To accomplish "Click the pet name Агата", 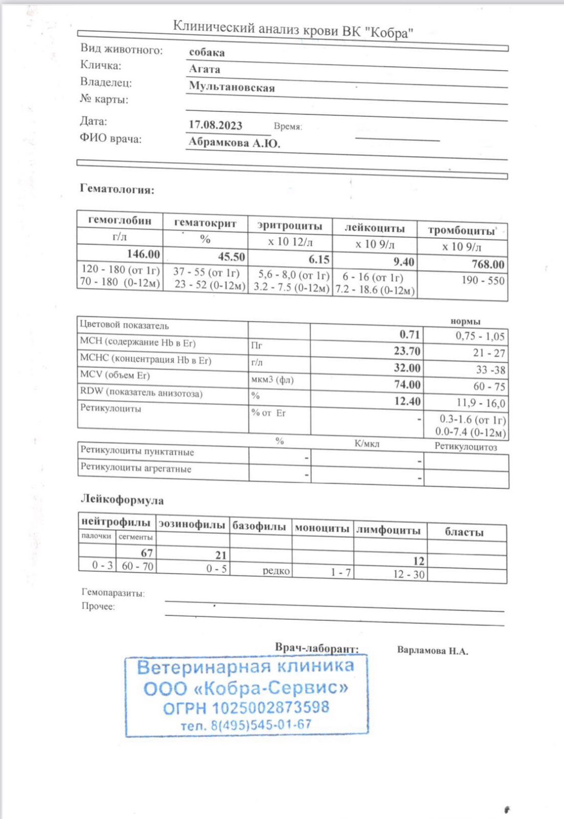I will [x=205, y=69].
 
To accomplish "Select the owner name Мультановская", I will [x=232, y=87].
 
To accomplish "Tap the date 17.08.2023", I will [x=215, y=125].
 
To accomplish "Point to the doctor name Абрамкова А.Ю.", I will [x=234, y=142].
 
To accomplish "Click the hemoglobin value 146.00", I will [x=143, y=254].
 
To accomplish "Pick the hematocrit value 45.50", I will [x=231, y=256].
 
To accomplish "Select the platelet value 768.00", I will [x=488, y=264].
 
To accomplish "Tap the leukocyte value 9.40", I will [x=404, y=262].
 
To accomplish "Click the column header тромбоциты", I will [x=462, y=230].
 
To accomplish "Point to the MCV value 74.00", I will [x=407, y=384].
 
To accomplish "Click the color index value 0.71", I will [x=409, y=335].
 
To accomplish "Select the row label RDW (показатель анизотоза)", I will [x=141, y=393].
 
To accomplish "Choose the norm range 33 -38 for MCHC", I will [x=490, y=370].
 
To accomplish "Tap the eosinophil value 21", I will [x=221, y=555].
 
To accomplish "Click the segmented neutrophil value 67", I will [x=147, y=553].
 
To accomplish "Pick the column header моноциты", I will [x=322, y=528].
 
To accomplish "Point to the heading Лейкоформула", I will [x=122, y=500].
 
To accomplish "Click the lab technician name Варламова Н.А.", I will [x=432, y=651].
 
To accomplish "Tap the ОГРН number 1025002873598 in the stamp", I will [x=271, y=708].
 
